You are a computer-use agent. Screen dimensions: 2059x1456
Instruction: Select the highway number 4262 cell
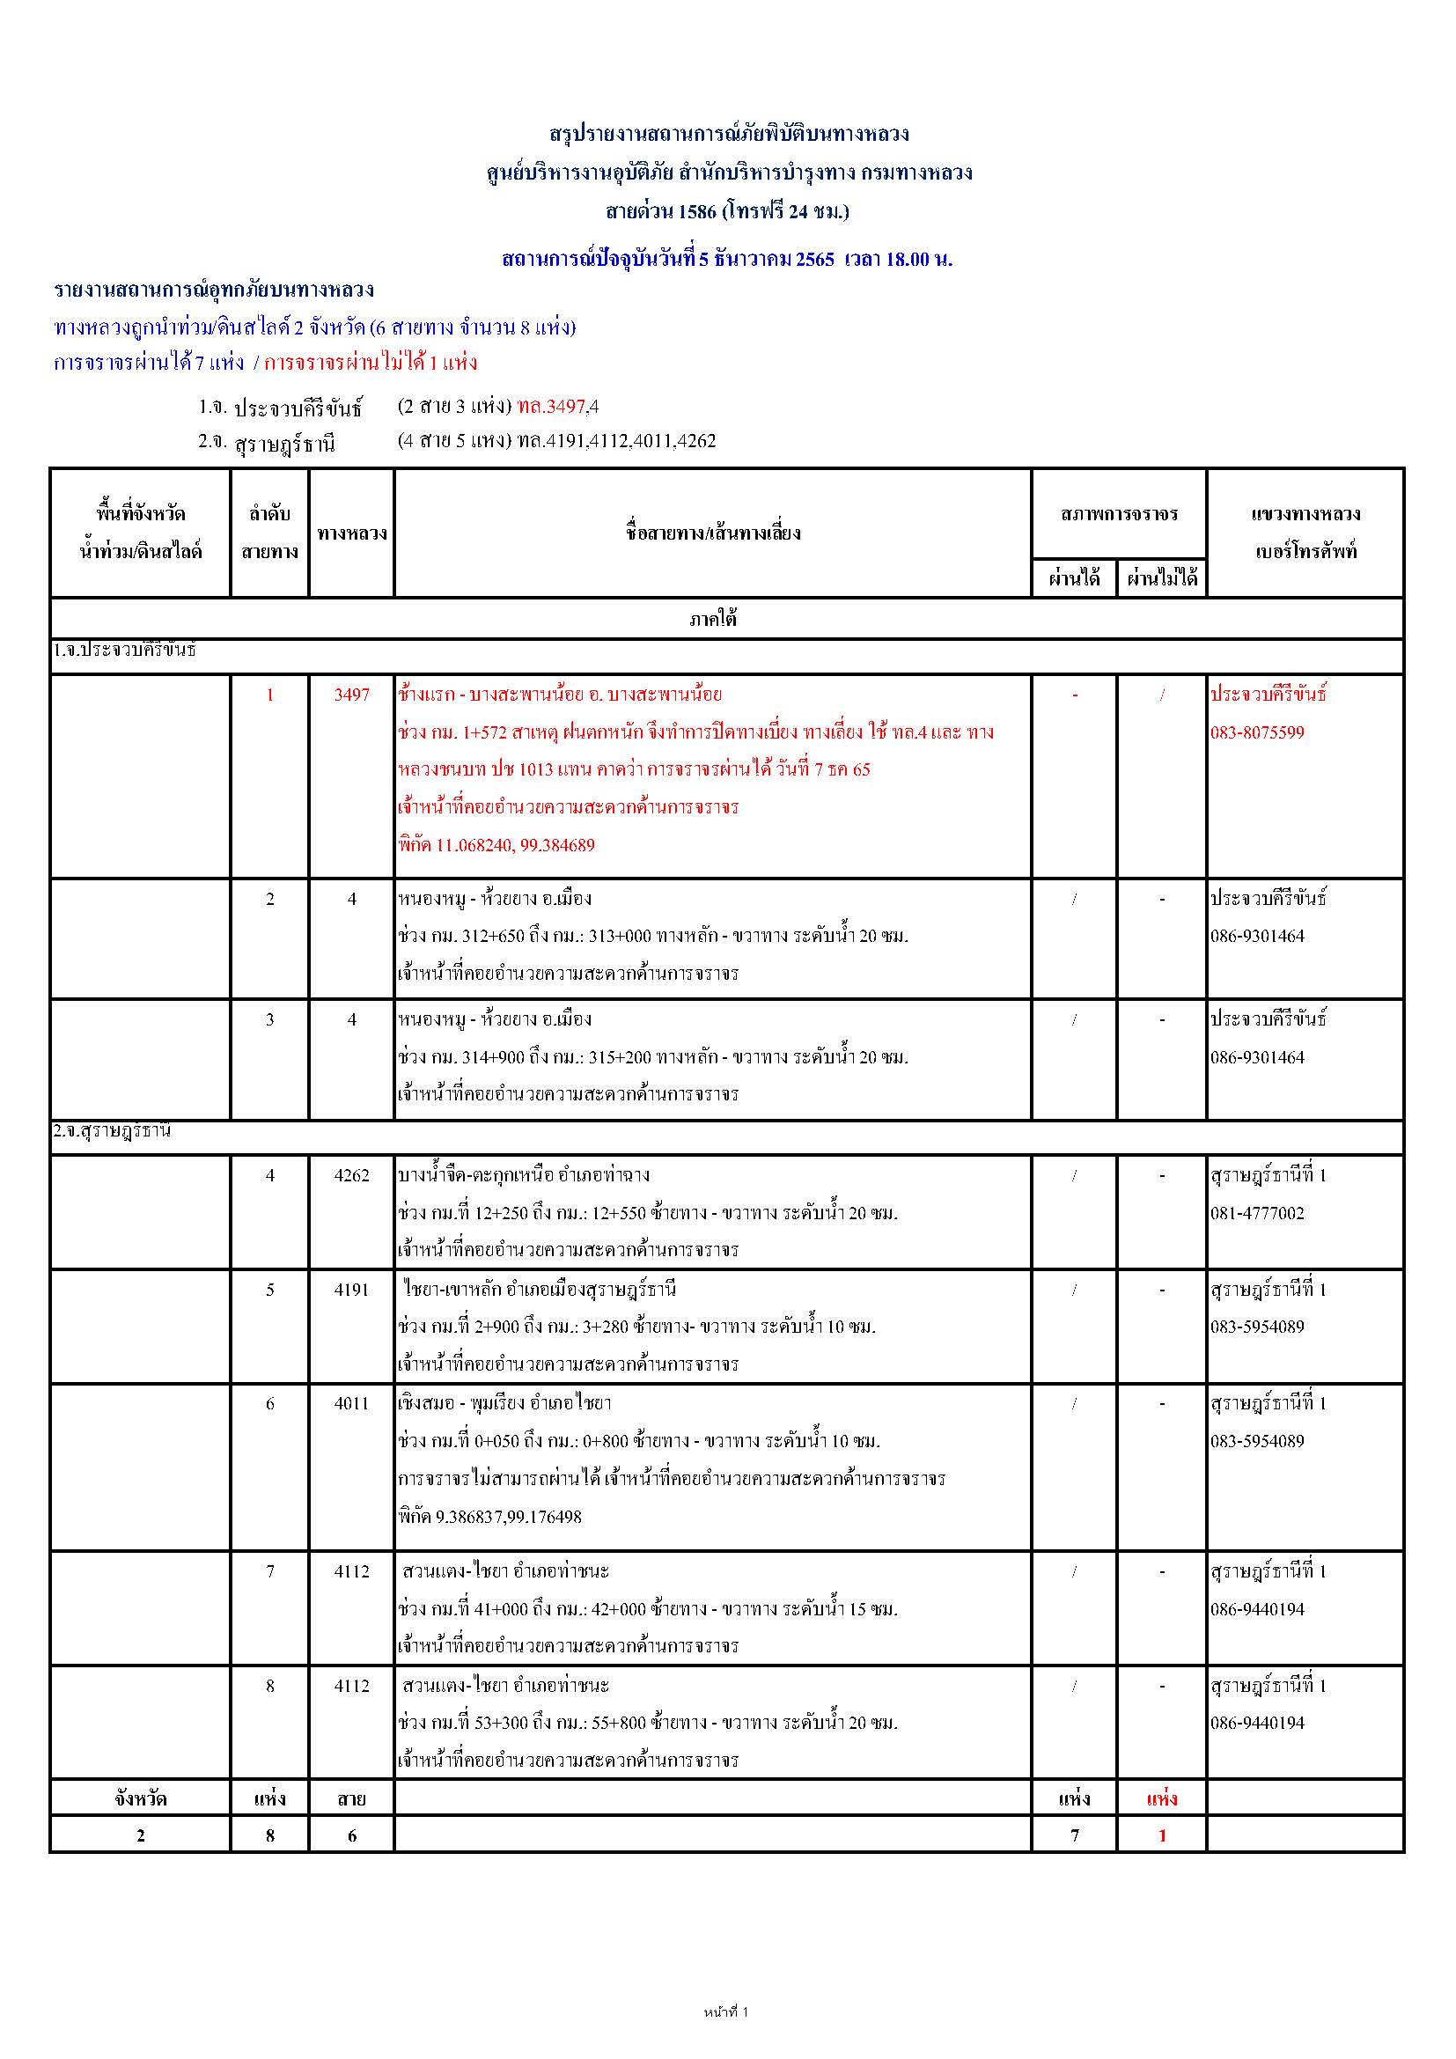pos(351,1176)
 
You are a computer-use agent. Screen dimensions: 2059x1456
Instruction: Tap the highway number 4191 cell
pos(351,1290)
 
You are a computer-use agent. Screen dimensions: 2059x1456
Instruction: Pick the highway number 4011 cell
pos(351,1403)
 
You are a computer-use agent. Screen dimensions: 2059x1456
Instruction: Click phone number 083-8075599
pos(1257,732)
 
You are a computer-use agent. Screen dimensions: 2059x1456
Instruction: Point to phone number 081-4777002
pos(1257,1213)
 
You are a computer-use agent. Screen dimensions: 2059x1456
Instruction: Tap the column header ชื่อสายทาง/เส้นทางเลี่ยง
pos(713,533)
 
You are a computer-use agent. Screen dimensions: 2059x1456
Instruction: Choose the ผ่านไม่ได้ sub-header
pos(1162,578)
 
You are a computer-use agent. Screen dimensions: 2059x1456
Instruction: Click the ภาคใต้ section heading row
pos(713,619)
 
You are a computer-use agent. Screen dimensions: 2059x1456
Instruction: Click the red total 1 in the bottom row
pos(1162,1835)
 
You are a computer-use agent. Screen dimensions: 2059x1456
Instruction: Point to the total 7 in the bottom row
pos(1074,1835)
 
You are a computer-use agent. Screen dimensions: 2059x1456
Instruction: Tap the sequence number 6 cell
pos(270,1403)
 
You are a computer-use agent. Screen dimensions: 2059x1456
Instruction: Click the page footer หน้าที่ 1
pos(726,2011)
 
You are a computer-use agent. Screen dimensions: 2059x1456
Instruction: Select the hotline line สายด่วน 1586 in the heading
pos(727,211)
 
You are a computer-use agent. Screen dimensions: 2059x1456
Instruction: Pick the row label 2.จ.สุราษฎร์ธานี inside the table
pos(112,1131)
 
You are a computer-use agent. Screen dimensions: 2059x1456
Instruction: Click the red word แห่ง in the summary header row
pos(1162,1798)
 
